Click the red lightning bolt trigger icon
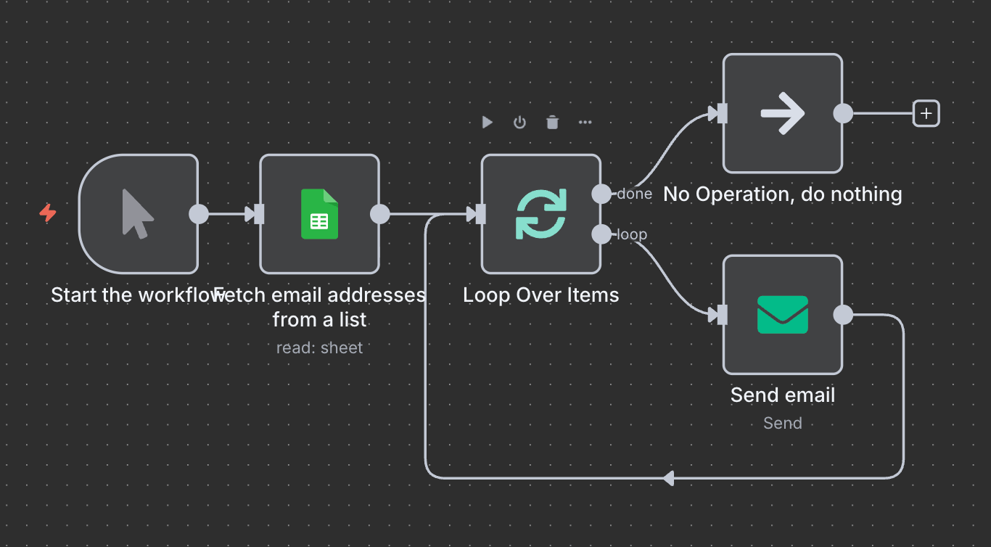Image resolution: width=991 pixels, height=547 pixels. coord(48,213)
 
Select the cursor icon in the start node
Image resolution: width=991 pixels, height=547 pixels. coord(137,214)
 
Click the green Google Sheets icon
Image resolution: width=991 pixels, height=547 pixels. coord(319,214)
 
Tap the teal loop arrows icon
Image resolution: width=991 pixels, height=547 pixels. coord(540,214)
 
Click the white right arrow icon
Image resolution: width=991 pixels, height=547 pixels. coord(782,114)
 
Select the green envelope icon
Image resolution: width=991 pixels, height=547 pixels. coord(782,315)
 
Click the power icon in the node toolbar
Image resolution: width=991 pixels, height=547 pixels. coord(519,123)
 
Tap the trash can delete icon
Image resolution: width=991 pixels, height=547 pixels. coord(552,123)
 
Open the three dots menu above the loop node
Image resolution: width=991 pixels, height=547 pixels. coord(585,123)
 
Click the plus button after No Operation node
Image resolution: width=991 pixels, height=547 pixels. coord(926,114)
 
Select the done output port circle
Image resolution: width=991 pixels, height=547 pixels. coord(601,194)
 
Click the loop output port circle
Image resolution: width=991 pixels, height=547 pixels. coord(601,234)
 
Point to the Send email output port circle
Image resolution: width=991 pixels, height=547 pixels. coord(843,315)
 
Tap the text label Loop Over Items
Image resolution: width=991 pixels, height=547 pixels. coord(540,295)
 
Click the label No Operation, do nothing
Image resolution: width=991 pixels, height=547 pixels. coord(782,194)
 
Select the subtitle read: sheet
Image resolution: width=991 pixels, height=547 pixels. coord(319,347)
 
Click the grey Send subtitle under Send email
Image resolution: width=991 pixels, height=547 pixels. coord(782,423)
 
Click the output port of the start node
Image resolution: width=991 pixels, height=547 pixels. coord(199,214)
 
